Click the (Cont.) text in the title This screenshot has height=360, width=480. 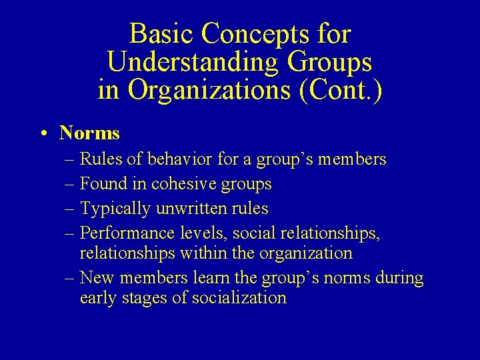pos(342,90)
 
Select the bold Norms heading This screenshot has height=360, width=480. pos(89,133)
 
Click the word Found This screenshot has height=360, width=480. pos(103,183)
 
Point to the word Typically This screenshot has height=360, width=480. pos(115,208)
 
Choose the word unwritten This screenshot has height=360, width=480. pos(189,208)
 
